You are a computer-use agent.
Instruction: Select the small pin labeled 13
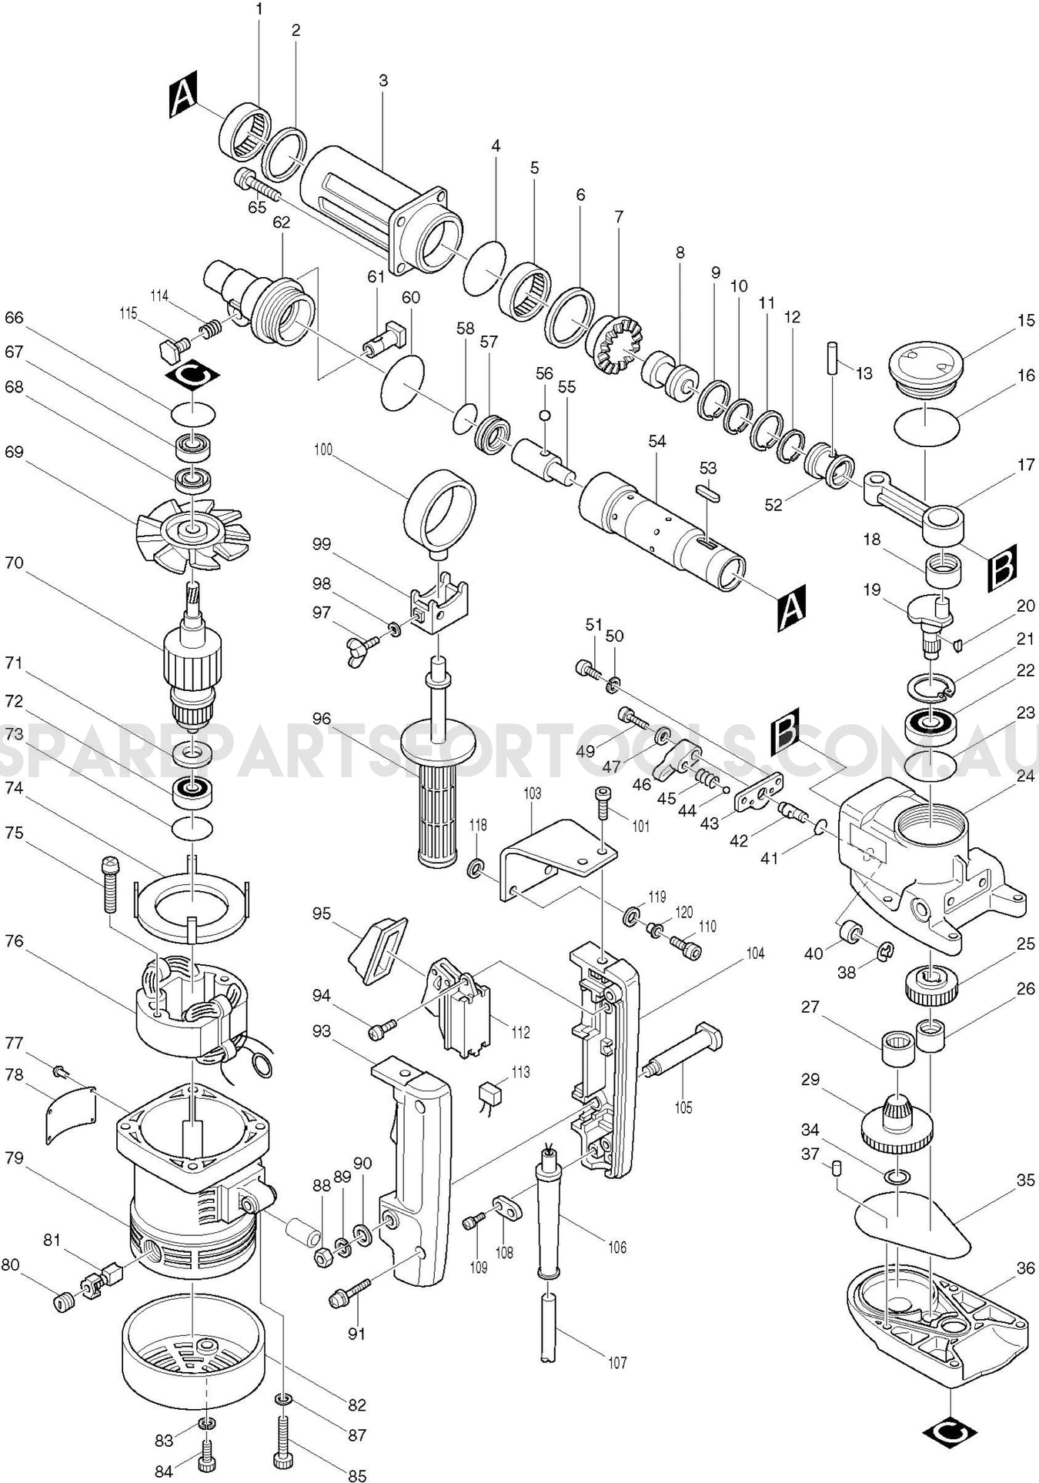coord(834,356)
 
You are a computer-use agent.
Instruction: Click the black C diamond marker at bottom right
coord(948,1431)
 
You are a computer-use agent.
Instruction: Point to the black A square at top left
coord(183,95)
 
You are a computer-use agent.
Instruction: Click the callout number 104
coord(755,954)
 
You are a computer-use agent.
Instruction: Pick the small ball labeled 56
coord(544,416)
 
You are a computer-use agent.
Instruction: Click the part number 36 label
coord(1025,1268)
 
